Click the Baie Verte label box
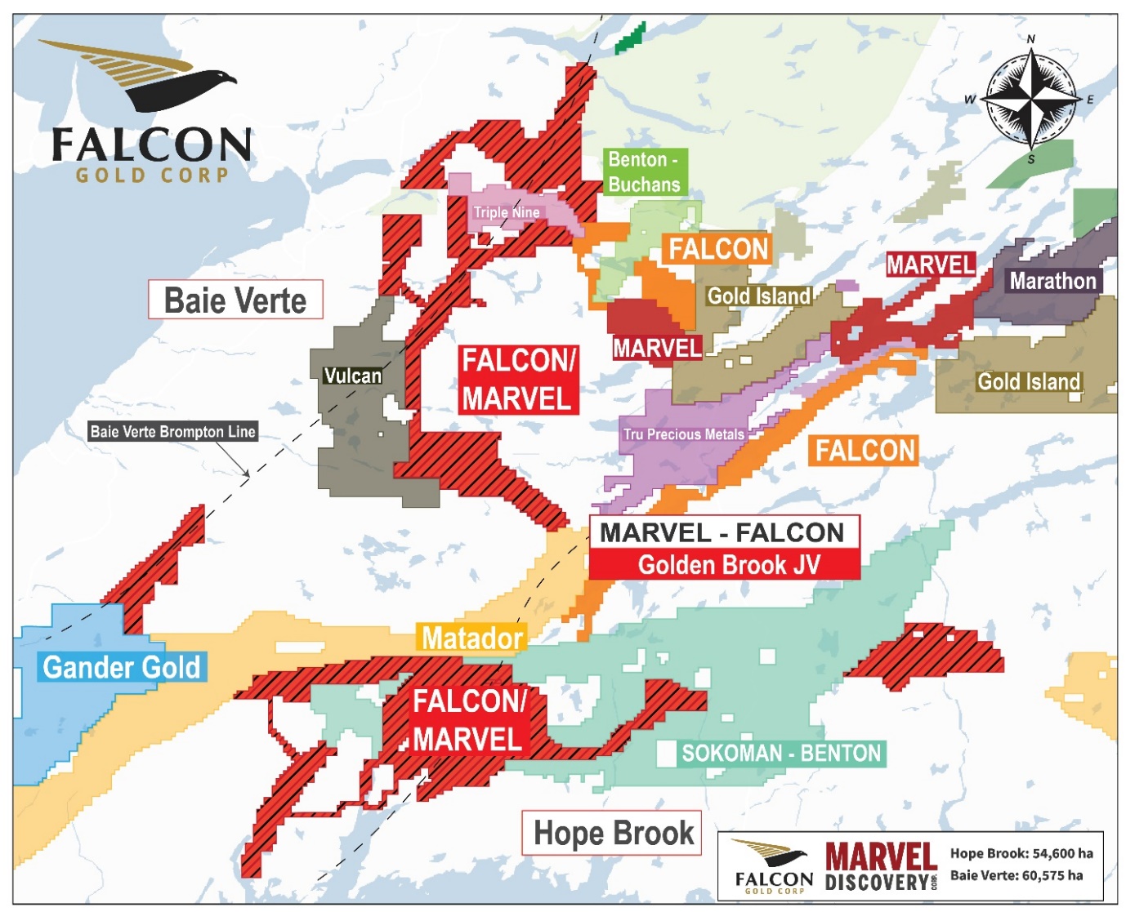235,300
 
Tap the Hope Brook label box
612,834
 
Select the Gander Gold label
121,667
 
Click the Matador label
471,638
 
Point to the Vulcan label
352,376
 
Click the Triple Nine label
507,212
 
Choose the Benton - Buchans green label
644,172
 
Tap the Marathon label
1052,281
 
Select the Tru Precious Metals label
684,434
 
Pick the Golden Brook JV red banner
725,565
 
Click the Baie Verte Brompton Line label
172,431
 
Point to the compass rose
1031,100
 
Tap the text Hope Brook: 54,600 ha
1021,853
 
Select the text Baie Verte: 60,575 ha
1017,875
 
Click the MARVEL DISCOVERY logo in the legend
880,867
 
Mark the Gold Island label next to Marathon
1029,381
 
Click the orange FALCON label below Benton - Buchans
719,249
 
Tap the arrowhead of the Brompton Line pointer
247,474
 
